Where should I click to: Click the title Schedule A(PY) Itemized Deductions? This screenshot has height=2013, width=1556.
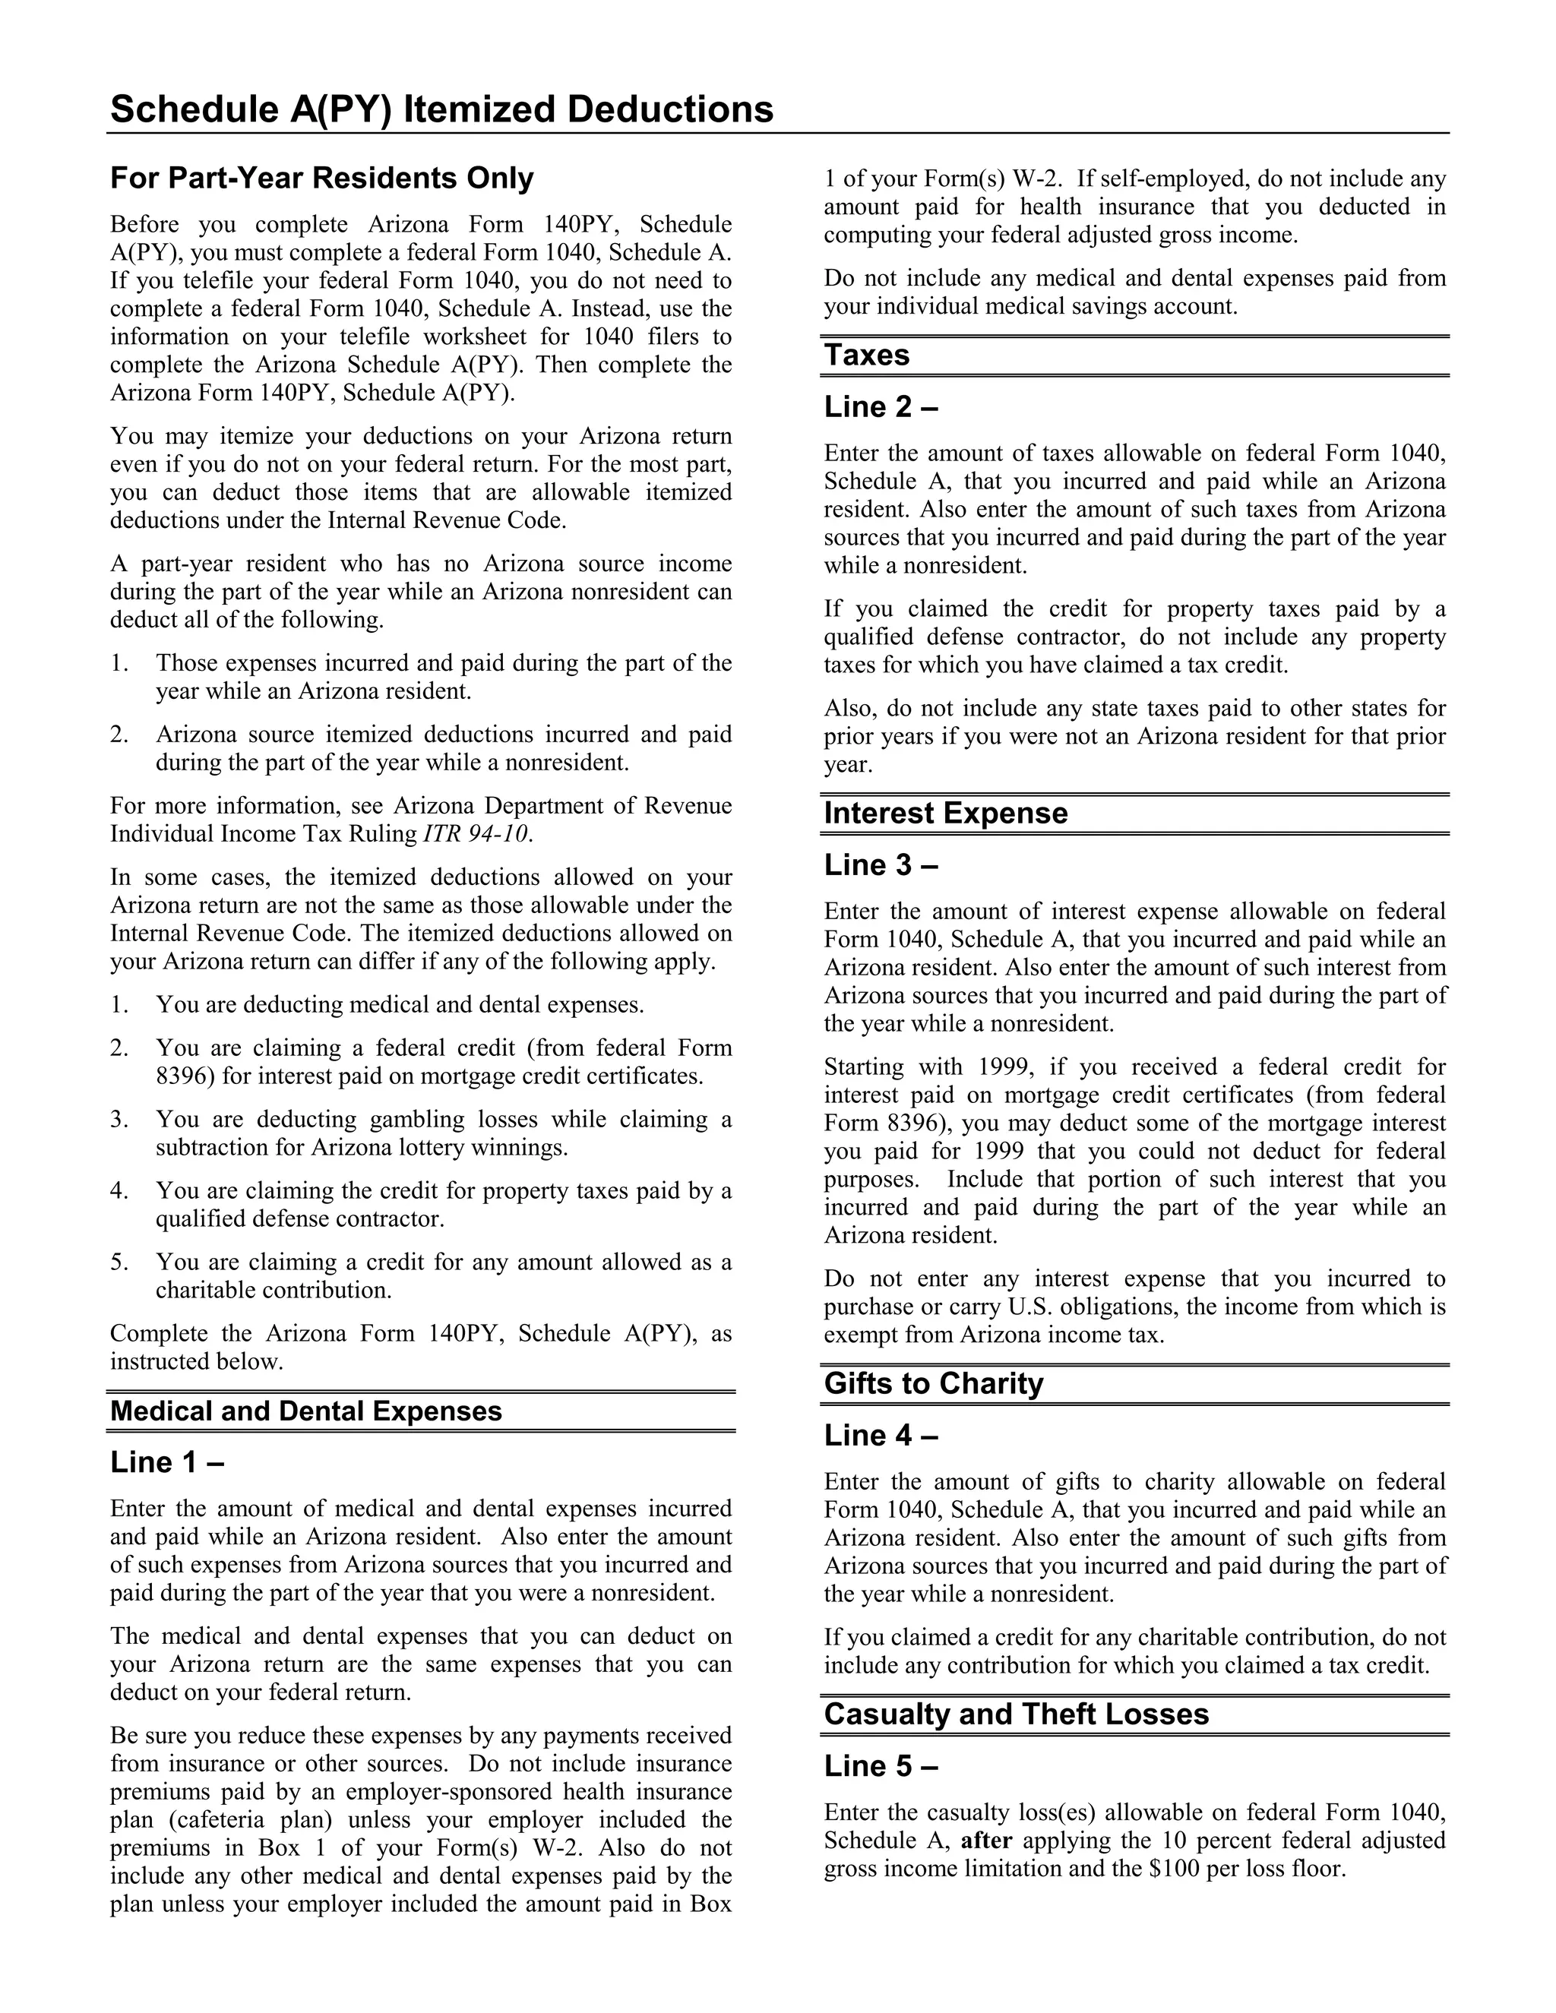tap(441, 109)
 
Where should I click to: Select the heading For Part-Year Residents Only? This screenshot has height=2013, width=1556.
tap(321, 178)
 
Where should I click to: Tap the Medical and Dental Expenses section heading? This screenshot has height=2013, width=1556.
tap(306, 1411)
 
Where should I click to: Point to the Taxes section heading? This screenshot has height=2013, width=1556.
tap(866, 355)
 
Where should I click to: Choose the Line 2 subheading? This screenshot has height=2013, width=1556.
tap(881, 406)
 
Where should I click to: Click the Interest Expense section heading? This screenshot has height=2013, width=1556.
tap(946, 813)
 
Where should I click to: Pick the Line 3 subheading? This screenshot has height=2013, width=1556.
tap(881, 864)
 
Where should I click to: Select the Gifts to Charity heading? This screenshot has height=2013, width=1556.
tap(933, 1383)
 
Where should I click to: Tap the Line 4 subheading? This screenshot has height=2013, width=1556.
tap(881, 1435)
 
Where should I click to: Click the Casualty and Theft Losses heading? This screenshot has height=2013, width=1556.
tap(1016, 1714)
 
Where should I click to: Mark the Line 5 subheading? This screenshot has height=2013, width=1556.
tap(881, 1766)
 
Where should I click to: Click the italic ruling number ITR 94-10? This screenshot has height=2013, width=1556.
tap(476, 834)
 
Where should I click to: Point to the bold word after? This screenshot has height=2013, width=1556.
tap(986, 1841)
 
